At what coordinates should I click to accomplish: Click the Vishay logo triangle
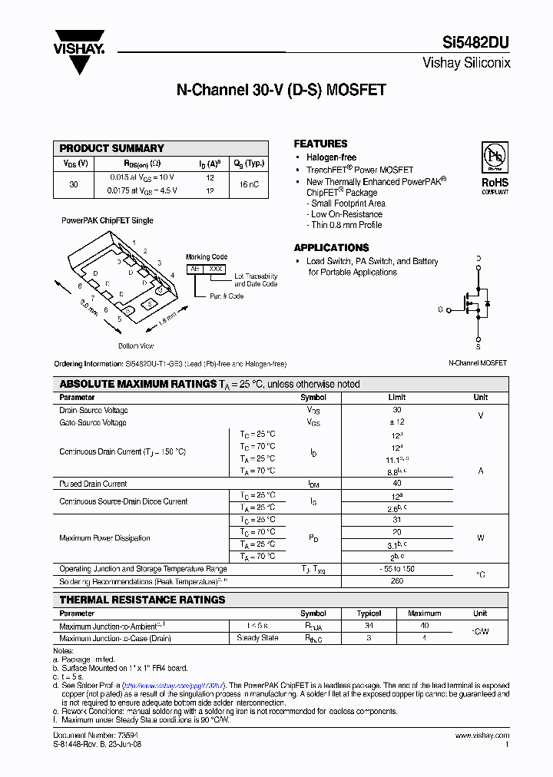click(79, 58)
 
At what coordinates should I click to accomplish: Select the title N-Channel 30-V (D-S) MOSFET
click(281, 90)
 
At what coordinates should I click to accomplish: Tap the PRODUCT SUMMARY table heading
click(112, 148)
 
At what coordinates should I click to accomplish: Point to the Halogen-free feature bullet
click(331, 157)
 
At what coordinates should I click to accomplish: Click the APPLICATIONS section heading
click(331, 248)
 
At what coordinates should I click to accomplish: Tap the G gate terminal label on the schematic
click(441, 309)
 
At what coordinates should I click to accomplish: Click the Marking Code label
click(207, 257)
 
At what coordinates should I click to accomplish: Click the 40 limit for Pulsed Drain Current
click(397, 484)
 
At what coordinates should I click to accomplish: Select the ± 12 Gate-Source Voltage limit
click(397, 422)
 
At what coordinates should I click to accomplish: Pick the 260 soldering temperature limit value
click(397, 581)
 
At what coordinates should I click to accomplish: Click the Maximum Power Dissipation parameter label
click(105, 538)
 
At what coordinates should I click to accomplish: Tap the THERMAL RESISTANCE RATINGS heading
click(143, 600)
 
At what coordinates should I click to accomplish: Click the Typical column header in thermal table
click(369, 613)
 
